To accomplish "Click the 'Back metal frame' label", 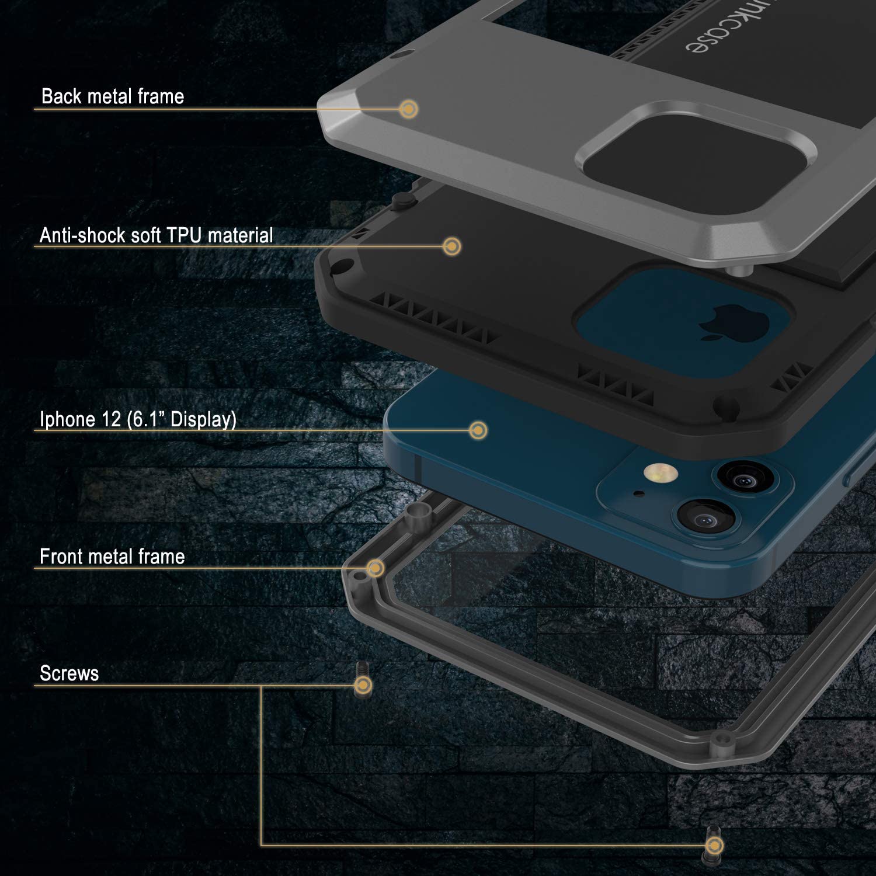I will click(113, 96).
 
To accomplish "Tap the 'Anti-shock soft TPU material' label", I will click(156, 235).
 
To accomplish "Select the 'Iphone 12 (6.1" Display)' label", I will click(138, 419).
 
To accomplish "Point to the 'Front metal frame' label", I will click(112, 557).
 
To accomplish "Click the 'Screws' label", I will click(69, 673).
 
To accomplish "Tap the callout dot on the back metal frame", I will click(409, 109).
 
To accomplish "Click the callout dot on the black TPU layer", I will click(451, 246).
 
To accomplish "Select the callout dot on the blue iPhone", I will click(478, 430).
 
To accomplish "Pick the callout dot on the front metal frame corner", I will click(376, 568).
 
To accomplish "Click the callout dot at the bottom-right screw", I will click(714, 845).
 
